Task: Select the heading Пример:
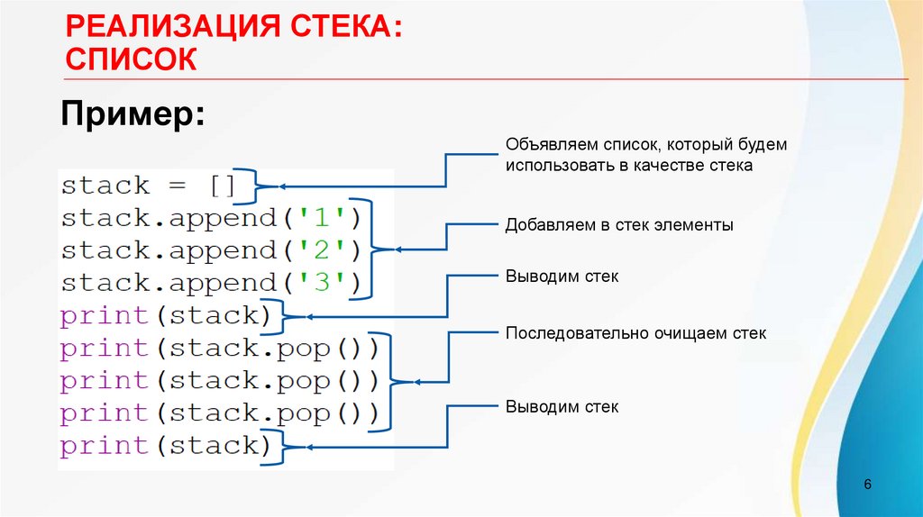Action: coord(132,116)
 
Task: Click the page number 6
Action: coord(867,485)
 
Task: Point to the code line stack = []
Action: coord(149,186)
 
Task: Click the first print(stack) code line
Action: coord(166,316)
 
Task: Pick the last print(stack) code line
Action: coord(166,446)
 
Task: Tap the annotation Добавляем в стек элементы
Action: coord(618,225)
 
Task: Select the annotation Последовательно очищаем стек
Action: coord(635,333)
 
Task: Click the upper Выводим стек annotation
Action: coord(562,277)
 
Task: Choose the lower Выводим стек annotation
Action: coord(562,407)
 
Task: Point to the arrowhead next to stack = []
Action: coord(282,186)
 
